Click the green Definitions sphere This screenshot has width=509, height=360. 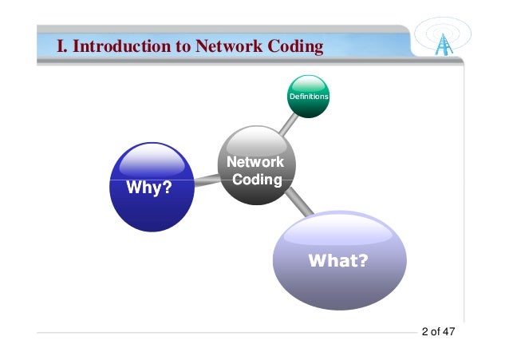308,96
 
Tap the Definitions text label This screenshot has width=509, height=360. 308,97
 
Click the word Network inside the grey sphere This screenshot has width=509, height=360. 255,162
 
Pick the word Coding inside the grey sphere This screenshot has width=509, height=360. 257,180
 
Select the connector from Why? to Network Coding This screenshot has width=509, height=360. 206,181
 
